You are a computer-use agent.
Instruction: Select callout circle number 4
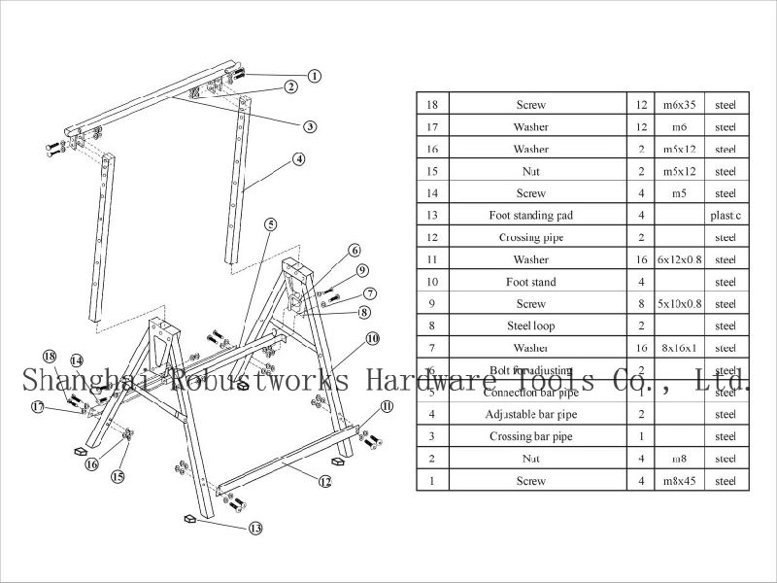pyautogui.click(x=298, y=158)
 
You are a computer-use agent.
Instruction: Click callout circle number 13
pyautogui.click(x=255, y=529)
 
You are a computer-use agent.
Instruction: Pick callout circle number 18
pyautogui.click(x=50, y=356)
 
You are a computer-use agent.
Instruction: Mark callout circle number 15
pyautogui.click(x=118, y=476)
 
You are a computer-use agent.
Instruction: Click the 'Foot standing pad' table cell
pyautogui.click(x=530, y=215)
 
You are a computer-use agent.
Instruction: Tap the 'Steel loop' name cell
pyautogui.click(x=530, y=326)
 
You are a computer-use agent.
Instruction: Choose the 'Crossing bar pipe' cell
pyautogui.click(x=530, y=436)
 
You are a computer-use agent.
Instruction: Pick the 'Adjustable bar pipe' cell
pyautogui.click(x=530, y=414)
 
